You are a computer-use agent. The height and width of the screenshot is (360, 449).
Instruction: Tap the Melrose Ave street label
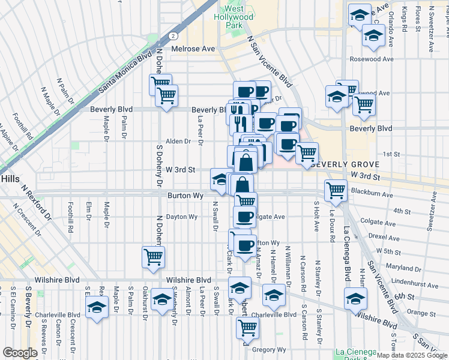(193, 49)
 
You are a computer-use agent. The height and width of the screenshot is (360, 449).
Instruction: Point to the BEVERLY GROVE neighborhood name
(345, 164)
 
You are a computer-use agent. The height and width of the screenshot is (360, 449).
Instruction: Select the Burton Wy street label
(185, 196)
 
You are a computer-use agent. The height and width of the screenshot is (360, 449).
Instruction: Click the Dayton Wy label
(182, 217)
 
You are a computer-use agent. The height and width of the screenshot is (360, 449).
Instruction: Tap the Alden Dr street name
(178, 142)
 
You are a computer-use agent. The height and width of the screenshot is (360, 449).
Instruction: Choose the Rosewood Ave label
(373, 59)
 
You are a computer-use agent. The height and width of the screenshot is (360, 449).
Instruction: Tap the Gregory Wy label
(267, 349)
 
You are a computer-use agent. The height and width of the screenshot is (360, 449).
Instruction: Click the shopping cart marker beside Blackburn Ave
(336, 191)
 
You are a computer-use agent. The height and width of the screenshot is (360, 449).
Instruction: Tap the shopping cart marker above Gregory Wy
(247, 327)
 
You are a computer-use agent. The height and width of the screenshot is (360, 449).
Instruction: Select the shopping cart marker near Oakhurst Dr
(154, 257)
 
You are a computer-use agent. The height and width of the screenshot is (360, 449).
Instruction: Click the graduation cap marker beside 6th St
(355, 297)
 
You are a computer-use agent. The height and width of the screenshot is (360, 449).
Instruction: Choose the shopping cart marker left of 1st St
(307, 153)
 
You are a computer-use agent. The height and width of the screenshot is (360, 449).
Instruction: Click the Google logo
(20, 353)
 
